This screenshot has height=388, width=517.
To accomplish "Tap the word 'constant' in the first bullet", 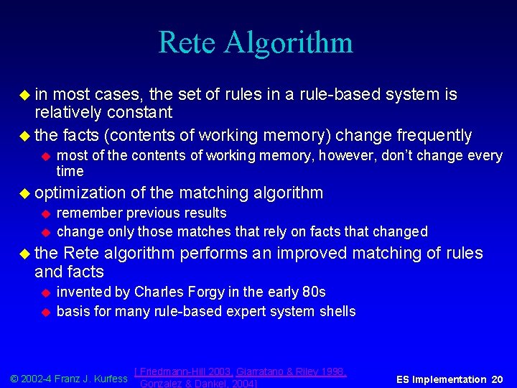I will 139,113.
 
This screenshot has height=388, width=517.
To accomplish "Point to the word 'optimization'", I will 80,193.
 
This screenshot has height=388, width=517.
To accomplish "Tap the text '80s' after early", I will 314,292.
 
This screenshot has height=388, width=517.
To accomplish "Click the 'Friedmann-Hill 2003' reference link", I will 184,371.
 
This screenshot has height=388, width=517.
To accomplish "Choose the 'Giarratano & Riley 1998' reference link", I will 291,371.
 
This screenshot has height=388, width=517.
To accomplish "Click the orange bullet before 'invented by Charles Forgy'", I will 45,292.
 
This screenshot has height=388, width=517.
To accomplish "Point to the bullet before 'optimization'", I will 25,193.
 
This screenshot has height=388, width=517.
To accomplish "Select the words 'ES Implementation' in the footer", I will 441,379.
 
